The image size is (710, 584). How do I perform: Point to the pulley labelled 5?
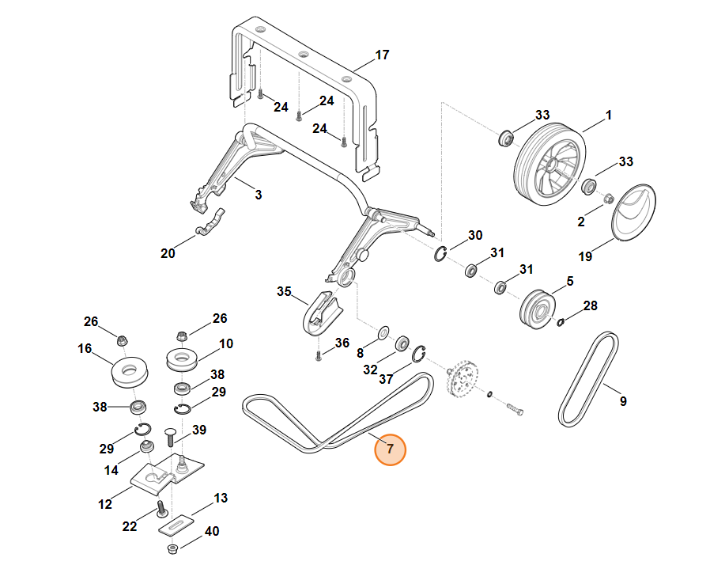(538, 309)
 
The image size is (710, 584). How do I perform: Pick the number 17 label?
(382, 55)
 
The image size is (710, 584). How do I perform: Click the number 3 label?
(258, 195)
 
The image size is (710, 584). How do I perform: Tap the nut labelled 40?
(172, 549)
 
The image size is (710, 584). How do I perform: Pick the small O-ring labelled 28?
(561, 322)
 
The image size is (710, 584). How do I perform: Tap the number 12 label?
(104, 504)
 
